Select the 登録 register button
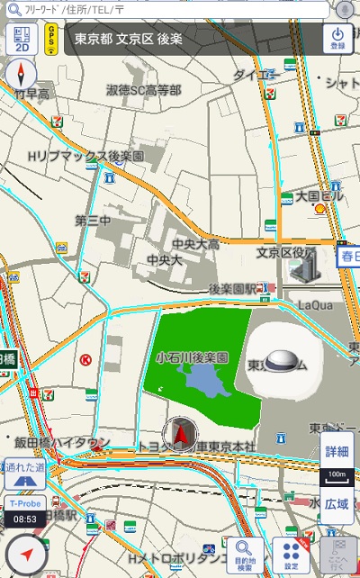(x=337, y=39)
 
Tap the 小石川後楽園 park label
(x=192, y=357)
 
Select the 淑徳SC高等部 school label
(x=144, y=90)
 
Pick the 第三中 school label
(x=93, y=221)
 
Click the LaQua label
(x=315, y=306)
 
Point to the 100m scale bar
(x=337, y=473)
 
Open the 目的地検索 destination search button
(x=245, y=555)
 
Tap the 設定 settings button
(x=291, y=555)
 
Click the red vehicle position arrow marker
(x=181, y=435)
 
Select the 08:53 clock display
(x=25, y=519)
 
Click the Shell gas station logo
(x=319, y=208)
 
